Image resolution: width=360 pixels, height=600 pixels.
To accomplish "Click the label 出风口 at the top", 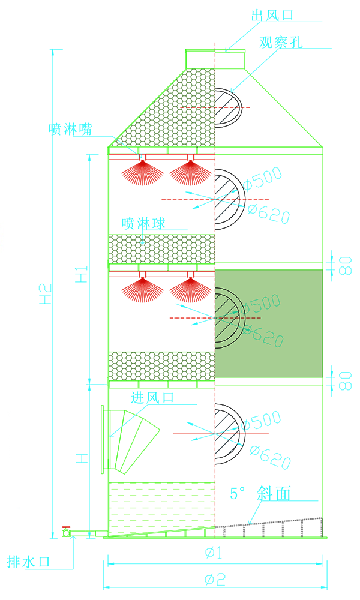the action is click(x=272, y=16).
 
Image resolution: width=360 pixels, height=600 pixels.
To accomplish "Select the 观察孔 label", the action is click(x=281, y=42).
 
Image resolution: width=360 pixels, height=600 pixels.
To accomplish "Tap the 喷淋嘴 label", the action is click(x=70, y=130).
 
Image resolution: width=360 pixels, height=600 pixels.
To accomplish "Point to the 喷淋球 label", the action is click(x=143, y=223).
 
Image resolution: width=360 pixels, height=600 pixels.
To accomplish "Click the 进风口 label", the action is click(x=152, y=398).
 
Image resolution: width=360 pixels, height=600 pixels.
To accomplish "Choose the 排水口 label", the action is click(x=29, y=562).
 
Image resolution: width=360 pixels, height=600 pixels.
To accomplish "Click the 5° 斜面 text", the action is click(x=260, y=493).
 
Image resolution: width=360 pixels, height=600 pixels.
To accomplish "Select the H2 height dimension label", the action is click(x=46, y=294).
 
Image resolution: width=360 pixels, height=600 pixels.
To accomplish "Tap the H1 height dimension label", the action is click(x=82, y=274).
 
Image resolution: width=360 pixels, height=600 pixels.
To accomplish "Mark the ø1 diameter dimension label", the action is click(x=214, y=552).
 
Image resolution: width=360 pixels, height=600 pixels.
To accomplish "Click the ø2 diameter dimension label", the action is click(x=215, y=580).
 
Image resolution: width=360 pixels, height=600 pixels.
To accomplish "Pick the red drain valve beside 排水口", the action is click(x=67, y=531).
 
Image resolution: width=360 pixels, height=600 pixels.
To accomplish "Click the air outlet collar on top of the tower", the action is click(x=215, y=59).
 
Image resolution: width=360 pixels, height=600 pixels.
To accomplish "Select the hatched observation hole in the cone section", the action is click(x=229, y=108).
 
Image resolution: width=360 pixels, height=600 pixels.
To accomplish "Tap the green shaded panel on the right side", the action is click(x=269, y=323).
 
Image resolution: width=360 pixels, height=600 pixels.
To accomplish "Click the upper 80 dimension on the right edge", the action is click(x=346, y=266).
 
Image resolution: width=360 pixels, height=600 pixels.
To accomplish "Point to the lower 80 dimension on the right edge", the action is click(x=346, y=381).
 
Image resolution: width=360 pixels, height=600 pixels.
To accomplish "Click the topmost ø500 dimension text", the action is click(x=262, y=178).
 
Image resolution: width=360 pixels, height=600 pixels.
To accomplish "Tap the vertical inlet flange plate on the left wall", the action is click(x=103, y=439).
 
